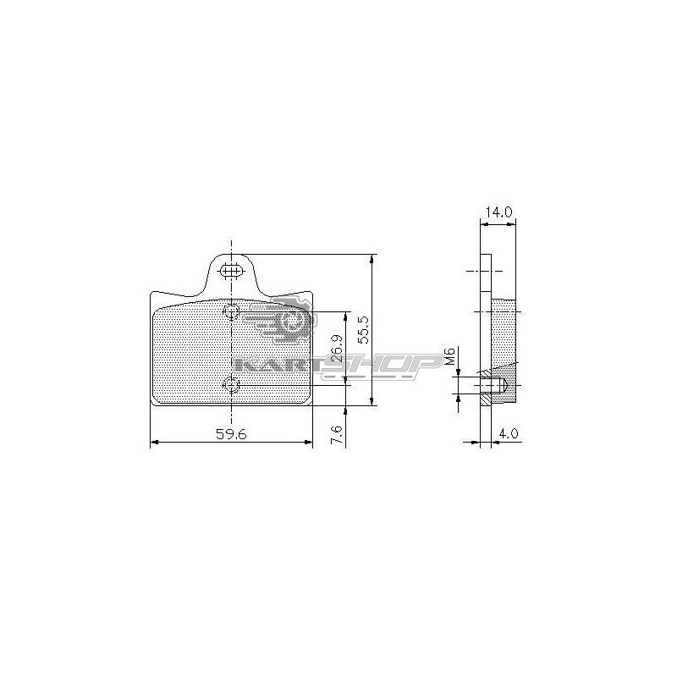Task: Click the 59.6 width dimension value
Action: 231,434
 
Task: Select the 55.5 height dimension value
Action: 364,329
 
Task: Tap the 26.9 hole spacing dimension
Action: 338,348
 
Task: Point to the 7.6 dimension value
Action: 338,435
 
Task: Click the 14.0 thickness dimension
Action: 499,212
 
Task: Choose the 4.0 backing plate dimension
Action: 509,432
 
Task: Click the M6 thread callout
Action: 449,356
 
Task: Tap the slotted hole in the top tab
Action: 231,271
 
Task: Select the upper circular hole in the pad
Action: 231,311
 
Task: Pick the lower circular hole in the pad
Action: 231,385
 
